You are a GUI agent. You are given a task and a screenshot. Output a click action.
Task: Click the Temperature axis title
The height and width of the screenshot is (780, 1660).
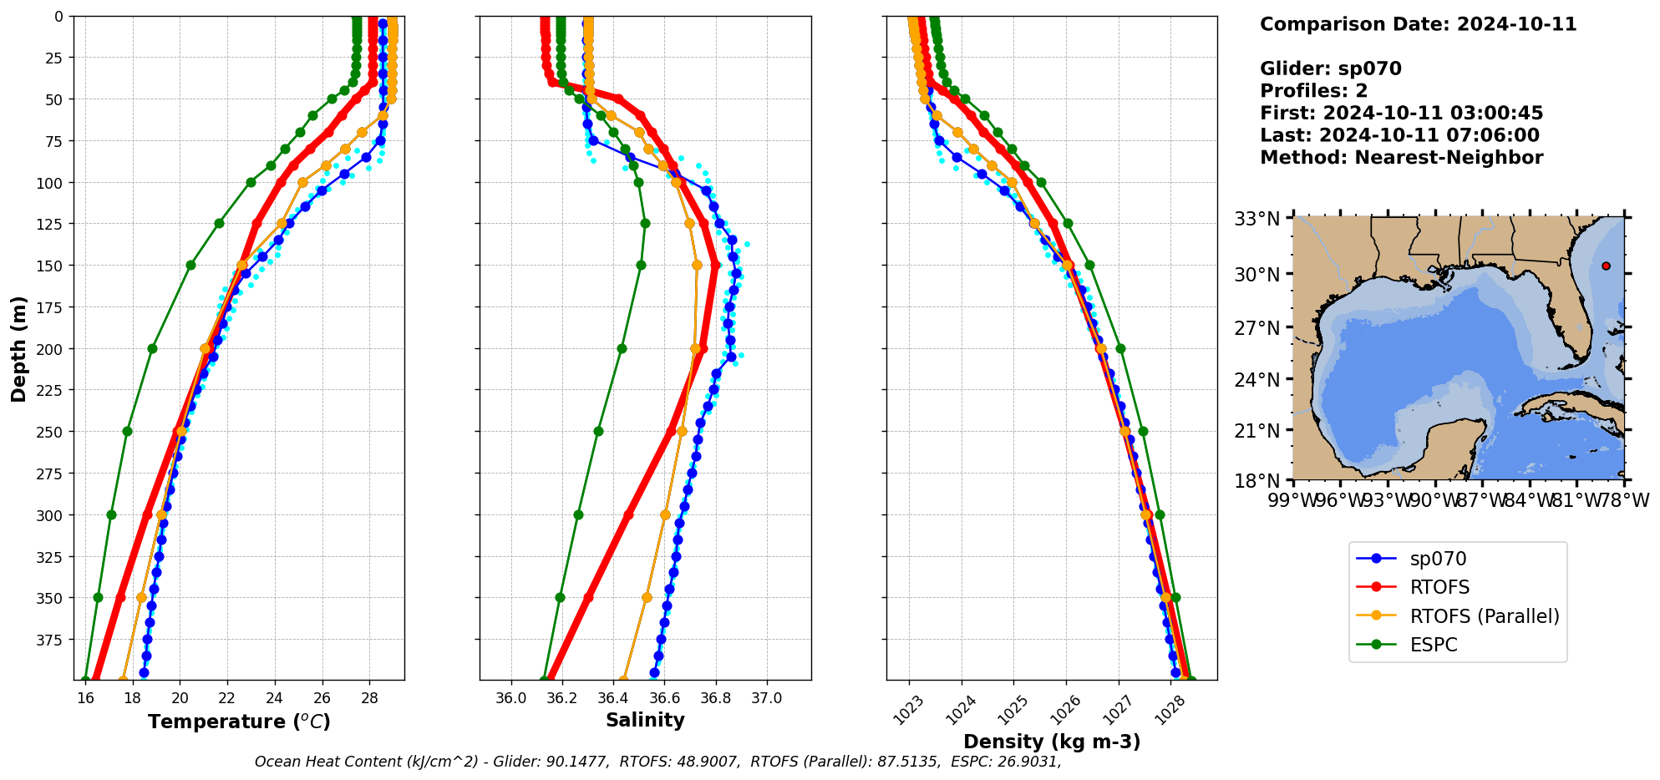[239, 722]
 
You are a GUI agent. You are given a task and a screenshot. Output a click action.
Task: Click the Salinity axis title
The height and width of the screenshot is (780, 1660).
[645, 720]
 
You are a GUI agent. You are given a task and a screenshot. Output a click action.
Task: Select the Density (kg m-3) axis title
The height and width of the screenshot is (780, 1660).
[1052, 742]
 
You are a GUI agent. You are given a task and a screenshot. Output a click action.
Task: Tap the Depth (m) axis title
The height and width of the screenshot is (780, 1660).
[18, 348]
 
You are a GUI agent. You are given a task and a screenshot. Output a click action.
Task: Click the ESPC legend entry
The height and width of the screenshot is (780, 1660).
[1433, 645]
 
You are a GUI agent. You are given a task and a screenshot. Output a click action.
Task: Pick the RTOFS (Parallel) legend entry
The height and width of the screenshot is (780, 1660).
[1484, 616]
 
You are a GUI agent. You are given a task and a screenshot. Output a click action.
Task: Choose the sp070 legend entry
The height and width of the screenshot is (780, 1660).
[1437, 559]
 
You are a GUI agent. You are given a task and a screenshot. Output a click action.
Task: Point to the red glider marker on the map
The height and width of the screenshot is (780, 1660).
[1606, 266]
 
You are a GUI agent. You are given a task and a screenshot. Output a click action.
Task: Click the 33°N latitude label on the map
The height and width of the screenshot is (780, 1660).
[1257, 219]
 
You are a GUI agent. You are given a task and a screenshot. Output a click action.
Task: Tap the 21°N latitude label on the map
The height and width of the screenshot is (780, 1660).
[1257, 431]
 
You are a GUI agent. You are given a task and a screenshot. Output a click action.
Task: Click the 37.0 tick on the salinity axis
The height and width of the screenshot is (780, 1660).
[766, 698]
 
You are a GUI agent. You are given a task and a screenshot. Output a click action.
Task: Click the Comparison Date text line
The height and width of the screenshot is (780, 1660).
[1418, 24]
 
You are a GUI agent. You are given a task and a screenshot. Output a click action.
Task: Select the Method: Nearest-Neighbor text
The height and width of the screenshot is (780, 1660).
[1401, 158]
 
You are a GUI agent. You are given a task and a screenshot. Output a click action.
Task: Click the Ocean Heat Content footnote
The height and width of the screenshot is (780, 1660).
[657, 762]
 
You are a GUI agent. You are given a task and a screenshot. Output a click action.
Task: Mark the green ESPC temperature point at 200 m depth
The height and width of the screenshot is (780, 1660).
[152, 349]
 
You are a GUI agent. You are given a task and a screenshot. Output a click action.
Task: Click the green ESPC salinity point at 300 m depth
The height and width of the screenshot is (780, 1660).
[578, 514]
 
